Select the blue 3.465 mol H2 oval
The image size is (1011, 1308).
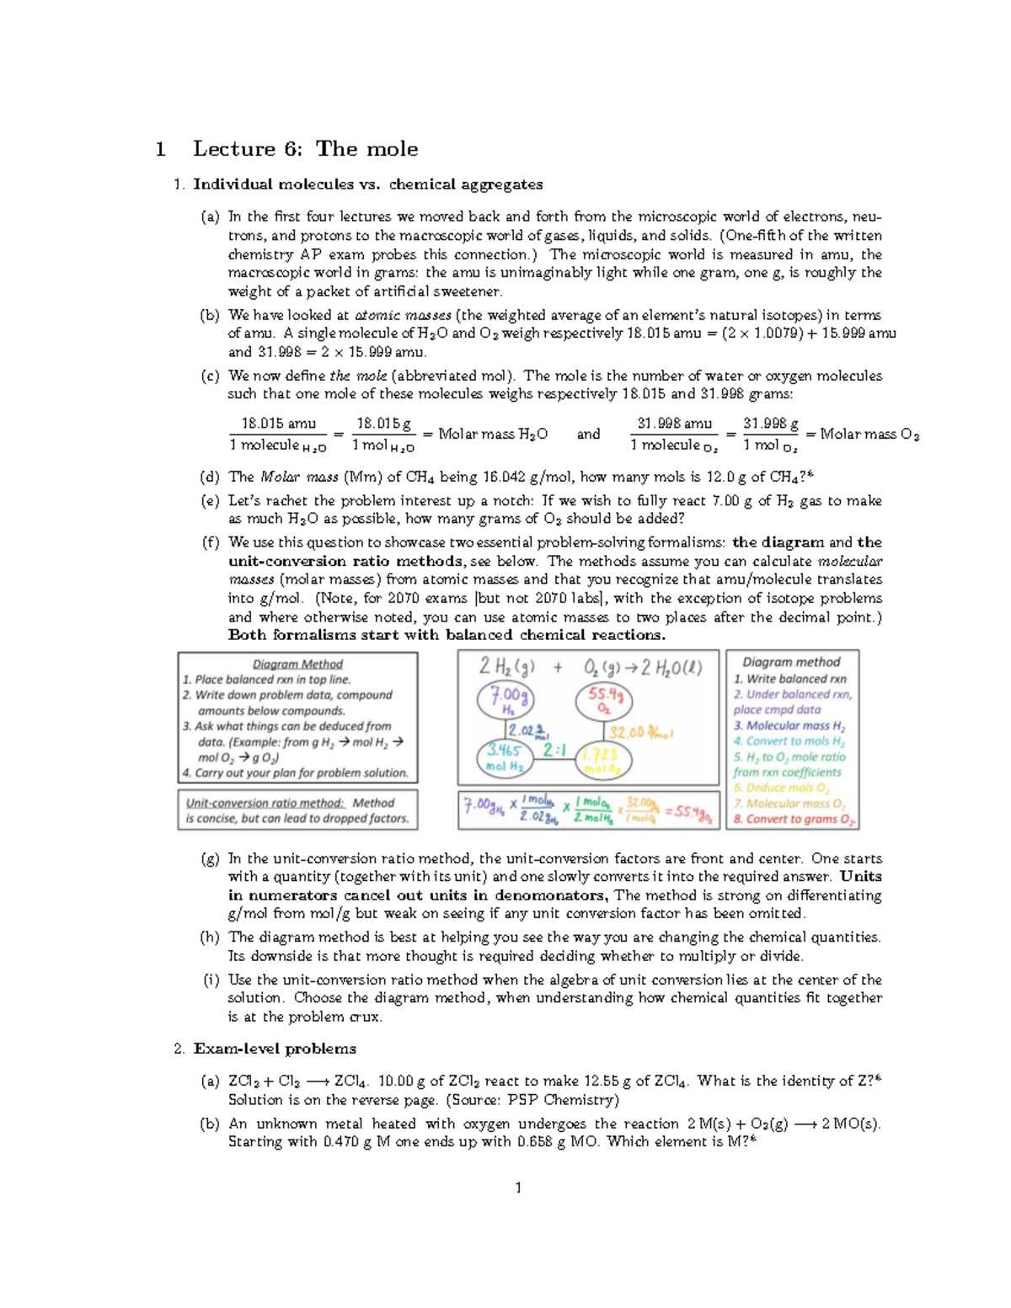(504, 757)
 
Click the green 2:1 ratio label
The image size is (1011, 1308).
(554, 750)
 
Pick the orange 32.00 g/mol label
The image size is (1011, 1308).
(640, 732)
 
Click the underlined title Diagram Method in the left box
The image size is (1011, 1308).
(297, 664)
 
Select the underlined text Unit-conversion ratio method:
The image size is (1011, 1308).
(265, 803)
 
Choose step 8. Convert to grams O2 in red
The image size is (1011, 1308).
(794, 819)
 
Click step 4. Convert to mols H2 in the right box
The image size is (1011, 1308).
(789, 741)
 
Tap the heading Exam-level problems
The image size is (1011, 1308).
(274, 1049)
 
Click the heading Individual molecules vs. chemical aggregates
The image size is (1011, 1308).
(367, 184)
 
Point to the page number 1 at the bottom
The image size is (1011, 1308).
(518, 1188)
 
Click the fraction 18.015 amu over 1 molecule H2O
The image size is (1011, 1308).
(278, 434)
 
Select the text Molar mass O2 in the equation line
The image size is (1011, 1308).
(869, 435)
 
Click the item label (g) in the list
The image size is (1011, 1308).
(210, 859)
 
